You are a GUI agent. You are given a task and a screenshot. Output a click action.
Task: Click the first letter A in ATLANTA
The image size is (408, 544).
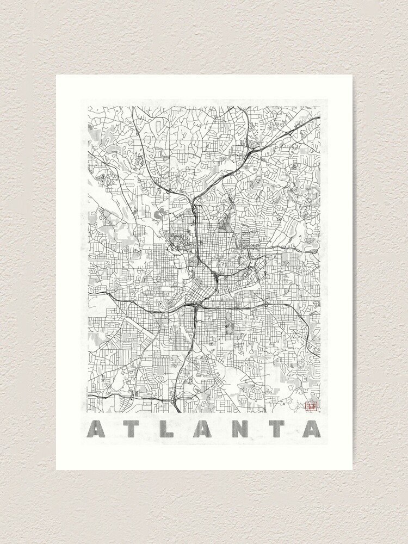[98, 429]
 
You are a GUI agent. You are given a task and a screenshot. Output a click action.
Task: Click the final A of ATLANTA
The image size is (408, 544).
[310, 429]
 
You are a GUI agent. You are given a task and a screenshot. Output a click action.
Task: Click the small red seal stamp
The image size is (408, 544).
[312, 405]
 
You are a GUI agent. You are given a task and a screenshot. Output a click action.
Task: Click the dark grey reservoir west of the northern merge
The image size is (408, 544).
[163, 213]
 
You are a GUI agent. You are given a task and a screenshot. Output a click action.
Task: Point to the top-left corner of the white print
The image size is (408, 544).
[56, 75]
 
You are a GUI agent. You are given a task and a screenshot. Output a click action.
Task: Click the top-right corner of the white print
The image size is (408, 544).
[352, 75]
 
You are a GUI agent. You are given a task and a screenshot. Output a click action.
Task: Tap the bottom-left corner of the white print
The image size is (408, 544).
[56, 469]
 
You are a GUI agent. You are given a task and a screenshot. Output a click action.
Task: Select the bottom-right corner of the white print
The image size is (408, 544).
[352, 469]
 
